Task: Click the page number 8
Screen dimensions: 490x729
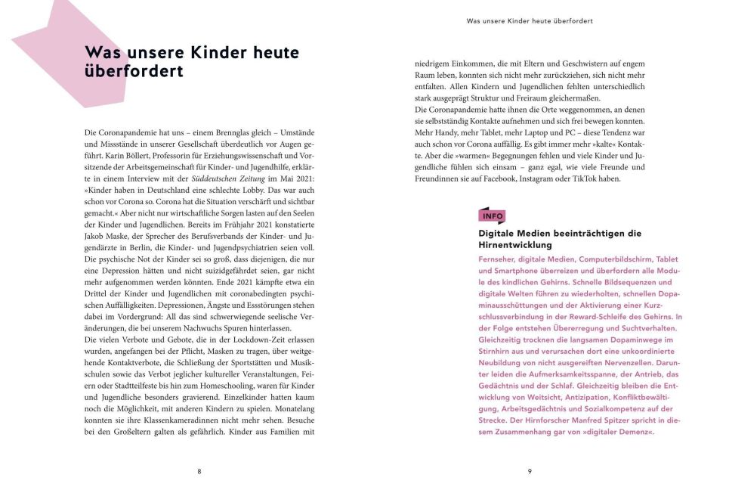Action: pos(199,471)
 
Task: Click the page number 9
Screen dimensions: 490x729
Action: pos(530,471)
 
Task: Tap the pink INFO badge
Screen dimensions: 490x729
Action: pos(492,216)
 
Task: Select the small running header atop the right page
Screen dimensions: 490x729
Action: pos(529,21)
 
